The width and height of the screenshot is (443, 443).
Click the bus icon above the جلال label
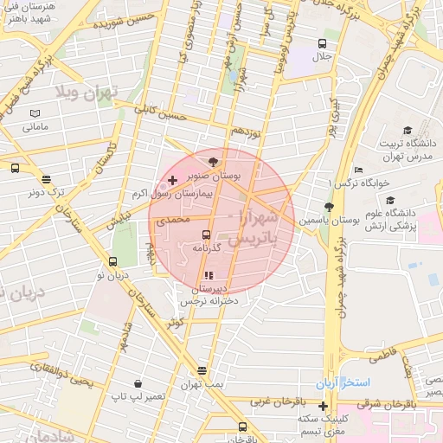(x=322, y=43)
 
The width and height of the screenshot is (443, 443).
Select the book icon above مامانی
(x=35, y=113)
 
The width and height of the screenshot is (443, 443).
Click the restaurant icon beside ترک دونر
(x=45, y=180)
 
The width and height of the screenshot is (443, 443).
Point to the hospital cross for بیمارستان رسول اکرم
(x=172, y=180)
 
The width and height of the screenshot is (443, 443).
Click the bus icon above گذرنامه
(x=206, y=234)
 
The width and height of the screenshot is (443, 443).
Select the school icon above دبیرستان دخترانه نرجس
(x=207, y=276)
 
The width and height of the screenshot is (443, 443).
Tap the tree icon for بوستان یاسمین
(x=328, y=206)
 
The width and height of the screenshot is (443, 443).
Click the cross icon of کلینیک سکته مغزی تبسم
(x=323, y=406)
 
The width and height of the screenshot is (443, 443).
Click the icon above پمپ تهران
(x=202, y=370)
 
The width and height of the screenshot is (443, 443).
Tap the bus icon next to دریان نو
(x=112, y=261)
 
